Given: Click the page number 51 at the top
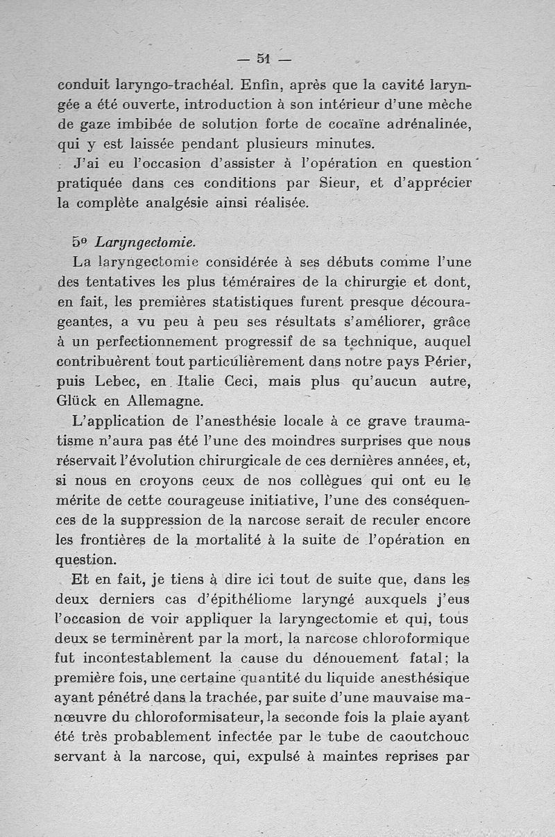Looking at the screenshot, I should pos(262,59).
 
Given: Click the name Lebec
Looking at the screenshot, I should pos(119,381).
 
